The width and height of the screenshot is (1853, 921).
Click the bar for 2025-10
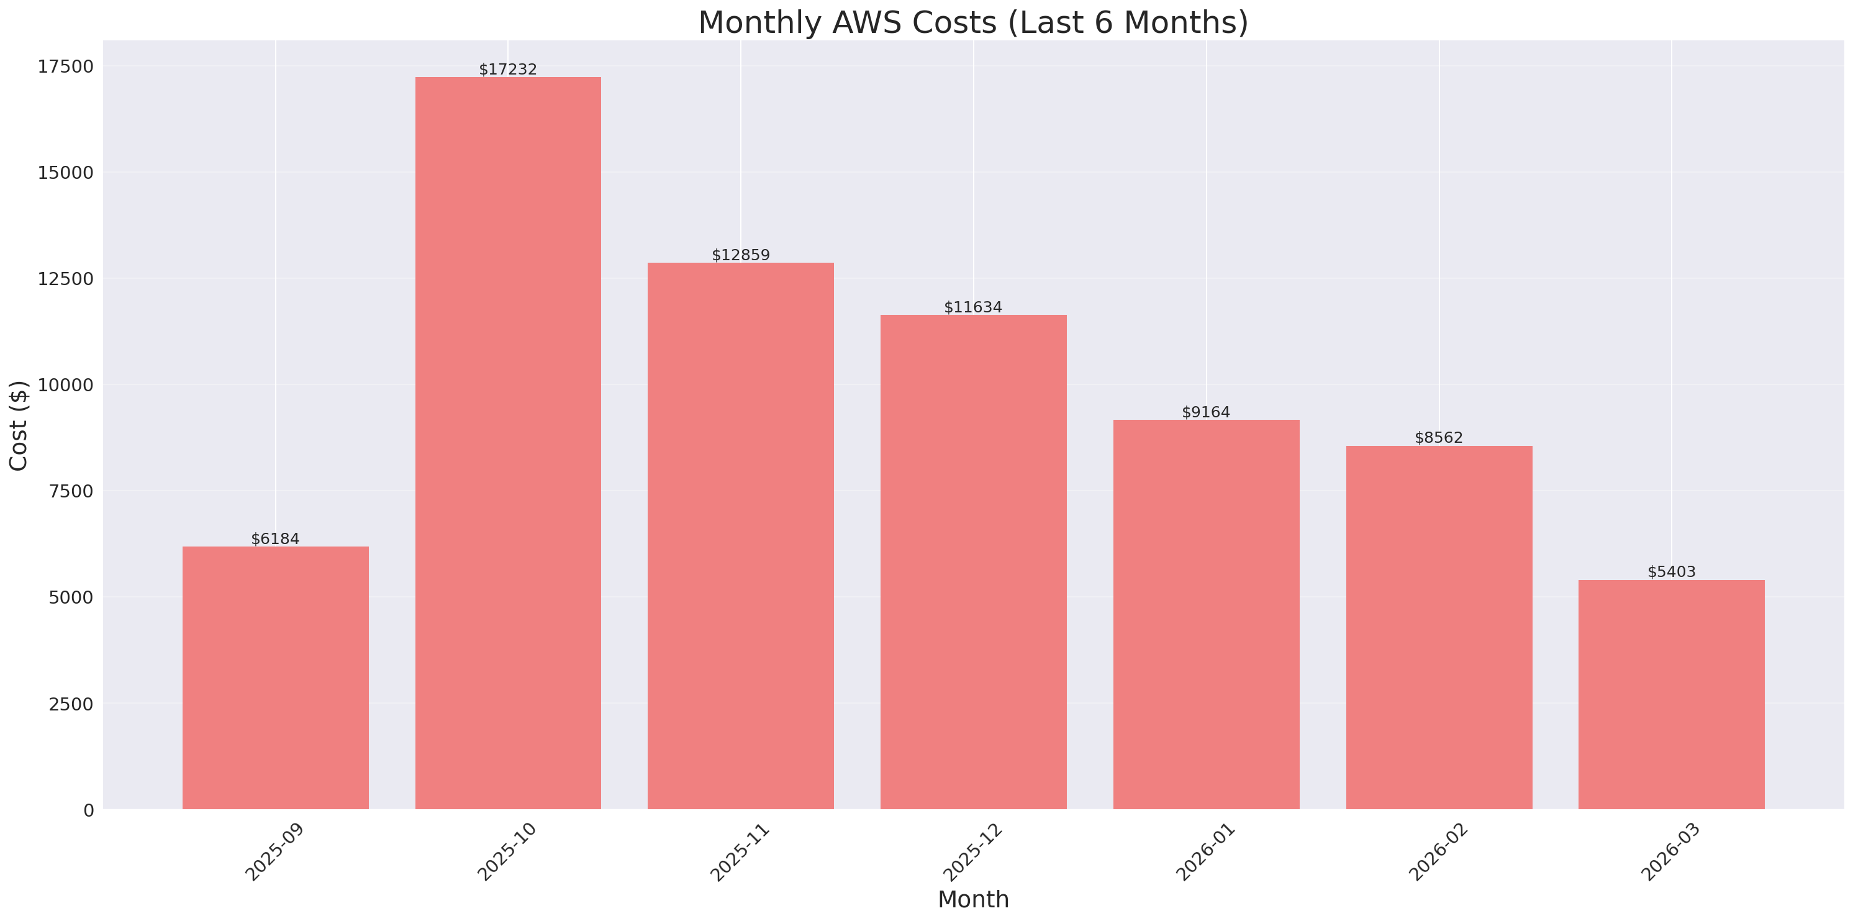tap(508, 443)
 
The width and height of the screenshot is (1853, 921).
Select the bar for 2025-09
tap(276, 678)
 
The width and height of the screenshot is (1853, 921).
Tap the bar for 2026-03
tap(1671, 694)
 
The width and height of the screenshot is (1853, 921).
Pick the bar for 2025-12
tap(973, 562)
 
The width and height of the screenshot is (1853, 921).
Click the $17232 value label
tap(508, 69)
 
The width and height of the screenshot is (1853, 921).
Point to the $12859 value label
tap(740, 255)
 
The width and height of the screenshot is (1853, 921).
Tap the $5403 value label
tap(1671, 571)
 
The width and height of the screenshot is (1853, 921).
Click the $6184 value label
tap(276, 538)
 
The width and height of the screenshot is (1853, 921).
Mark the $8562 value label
tap(1439, 437)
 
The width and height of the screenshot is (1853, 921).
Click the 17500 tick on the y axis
tap(65, 66)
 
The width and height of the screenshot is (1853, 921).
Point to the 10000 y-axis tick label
tap(65, 385)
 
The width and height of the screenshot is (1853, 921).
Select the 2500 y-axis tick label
tap(71, 704)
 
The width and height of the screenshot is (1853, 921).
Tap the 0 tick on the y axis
tap(88, 810)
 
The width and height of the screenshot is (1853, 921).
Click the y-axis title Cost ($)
tap(19, 425)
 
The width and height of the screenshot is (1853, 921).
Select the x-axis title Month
tap(973, 899)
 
